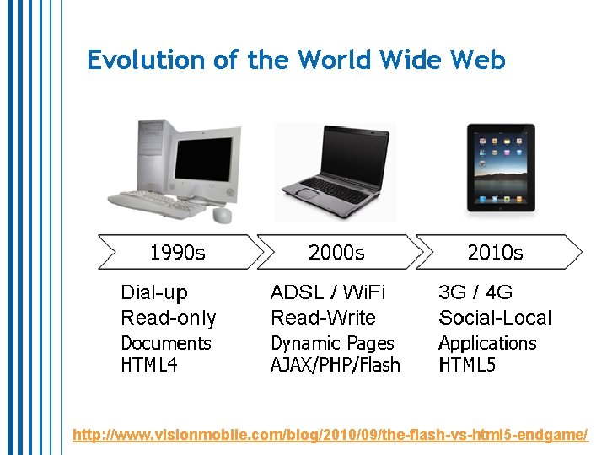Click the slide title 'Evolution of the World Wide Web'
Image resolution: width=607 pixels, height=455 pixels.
(x=296, y=61)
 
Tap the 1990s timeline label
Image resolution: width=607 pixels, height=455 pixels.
(x=177, y=252)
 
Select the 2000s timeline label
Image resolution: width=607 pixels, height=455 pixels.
(x=336, y=252)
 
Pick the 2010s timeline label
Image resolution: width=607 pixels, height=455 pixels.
(x=495, y=252)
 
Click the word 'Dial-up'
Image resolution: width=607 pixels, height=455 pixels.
(x=154, y=293)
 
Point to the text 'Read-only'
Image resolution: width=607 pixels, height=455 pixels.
(x=169, y=318)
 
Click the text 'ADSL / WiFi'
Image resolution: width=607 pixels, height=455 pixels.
(x=327, y=293)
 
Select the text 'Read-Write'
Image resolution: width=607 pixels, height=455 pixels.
(x=323, y=318)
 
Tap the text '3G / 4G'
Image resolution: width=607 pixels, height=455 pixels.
(x=475, y=293)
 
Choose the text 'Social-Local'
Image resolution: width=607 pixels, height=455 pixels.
(x=495, y=318)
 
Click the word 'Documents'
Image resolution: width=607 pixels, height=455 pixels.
(x=166, y=344)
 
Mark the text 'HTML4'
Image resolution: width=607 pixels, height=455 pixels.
(x=149, y=365)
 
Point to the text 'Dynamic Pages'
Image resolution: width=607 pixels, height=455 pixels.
(x=332, y=344)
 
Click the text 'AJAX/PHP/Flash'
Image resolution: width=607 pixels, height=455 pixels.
(x=336, y=365)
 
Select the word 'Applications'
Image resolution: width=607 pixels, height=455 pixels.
(x=487, y=344)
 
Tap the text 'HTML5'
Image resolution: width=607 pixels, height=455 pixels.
(x=467, y=365)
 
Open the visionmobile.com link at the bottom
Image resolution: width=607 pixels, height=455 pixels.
(x=330, y=435)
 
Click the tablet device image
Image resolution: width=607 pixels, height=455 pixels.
(x=501, y=168)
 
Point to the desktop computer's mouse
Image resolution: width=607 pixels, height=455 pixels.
(x=222, y=215)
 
